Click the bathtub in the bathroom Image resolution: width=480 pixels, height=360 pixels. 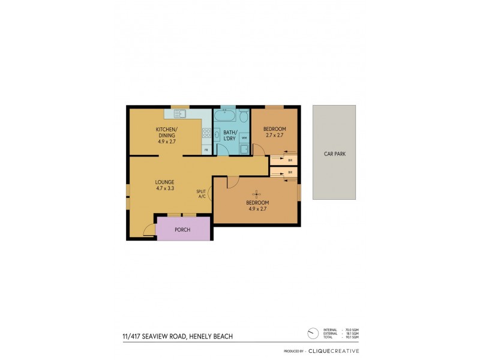pos(229,115)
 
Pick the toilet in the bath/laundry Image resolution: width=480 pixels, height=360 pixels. pos(244,116)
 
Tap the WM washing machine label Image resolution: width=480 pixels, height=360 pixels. pos(244,138)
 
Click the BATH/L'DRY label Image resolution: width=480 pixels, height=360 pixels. pos(230,135)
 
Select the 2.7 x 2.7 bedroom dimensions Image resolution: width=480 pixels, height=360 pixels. pos(275,136)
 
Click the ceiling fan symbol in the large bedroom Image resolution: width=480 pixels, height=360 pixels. pos(257,193)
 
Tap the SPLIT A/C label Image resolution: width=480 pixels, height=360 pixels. pos(200,194)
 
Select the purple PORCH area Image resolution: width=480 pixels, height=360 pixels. pos(182,230)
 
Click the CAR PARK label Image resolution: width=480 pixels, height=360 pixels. pos(334,154)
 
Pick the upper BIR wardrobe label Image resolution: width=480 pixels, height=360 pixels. pos(290,160)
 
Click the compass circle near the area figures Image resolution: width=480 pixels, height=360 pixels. pos(311,332)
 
